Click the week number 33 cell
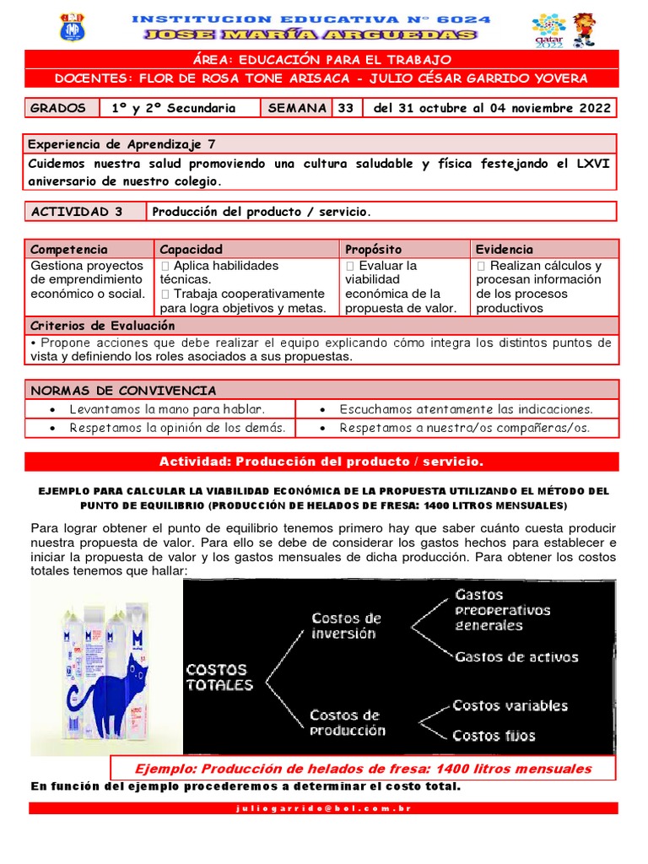tap(346, 108)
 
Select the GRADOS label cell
tap(58, 108)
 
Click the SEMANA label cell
tap(297, 108)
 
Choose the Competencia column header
tap(69, 249)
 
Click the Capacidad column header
tap(191, 249)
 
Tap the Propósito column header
tap(373, 249)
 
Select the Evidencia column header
tap(505, 249)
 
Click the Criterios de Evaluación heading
tap(103, 326)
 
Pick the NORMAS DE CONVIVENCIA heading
tap(123, 391)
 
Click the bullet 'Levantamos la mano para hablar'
tap(167, 409)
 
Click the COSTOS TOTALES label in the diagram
tap(219, 678)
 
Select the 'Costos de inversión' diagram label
tap(346, 626)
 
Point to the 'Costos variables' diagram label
tap(510, 705)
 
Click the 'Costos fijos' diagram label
tap(494, 736)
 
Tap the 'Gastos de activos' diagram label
tap(516, 657)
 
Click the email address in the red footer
tap(324, 808)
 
